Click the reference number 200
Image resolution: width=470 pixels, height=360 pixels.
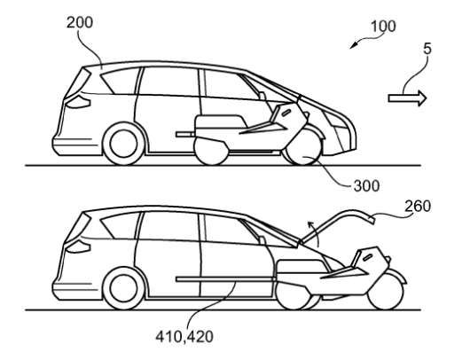[80, 22]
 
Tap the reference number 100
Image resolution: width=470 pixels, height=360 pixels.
[383, 27]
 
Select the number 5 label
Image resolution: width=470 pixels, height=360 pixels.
[427, 49]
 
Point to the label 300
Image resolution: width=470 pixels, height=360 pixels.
[366, 186]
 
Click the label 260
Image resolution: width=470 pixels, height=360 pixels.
[418, 207]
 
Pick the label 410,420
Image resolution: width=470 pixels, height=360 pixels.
[184, 336]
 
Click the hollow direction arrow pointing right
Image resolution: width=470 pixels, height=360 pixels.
[407, 98]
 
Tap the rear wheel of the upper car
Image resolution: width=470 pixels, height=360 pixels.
[123, 144]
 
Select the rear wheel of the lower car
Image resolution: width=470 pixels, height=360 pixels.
[123, 288]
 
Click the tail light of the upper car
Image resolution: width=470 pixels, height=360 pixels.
[78, 101]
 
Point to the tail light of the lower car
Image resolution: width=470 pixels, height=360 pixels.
[78, 247]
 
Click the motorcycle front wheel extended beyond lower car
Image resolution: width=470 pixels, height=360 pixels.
[386, 292]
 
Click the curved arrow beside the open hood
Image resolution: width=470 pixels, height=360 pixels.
[314, 233]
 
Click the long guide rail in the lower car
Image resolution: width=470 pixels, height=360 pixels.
[225, 279]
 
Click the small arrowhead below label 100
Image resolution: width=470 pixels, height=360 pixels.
[355, 45]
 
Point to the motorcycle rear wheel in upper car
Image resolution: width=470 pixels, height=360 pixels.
[211, 151]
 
